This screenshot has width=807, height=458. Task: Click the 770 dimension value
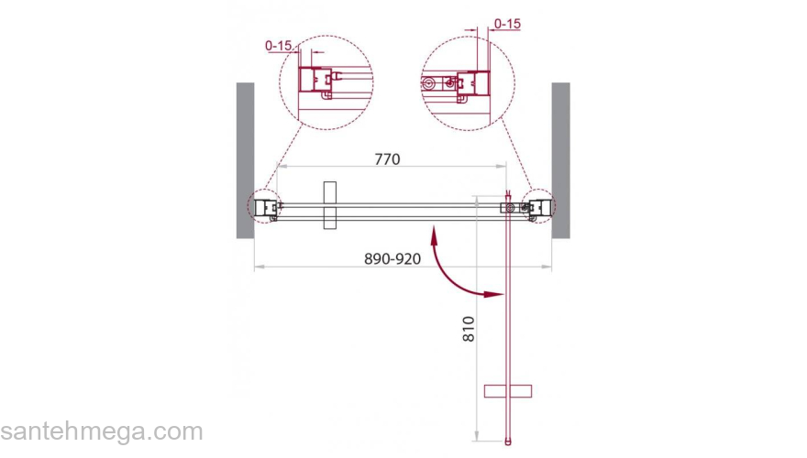[387, 159]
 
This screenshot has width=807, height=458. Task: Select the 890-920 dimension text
[392, 258]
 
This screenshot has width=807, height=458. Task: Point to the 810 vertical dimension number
[469, 329]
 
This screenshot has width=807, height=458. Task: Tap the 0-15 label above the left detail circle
[278, 46]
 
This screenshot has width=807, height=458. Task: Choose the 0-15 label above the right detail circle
[507, 24]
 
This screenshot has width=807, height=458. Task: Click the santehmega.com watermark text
[102, 431]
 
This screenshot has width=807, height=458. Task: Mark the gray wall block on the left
[245, 160]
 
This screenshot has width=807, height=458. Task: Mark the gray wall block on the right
[561, 160]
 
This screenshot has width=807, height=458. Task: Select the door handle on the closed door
[330, 205]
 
